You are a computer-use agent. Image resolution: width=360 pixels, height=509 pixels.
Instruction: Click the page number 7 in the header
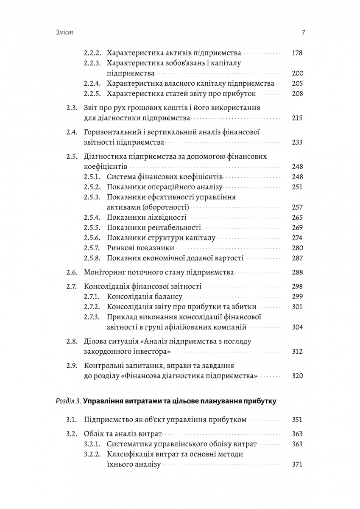[303, 33]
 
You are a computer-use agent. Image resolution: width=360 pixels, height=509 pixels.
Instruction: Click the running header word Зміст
[64, 33]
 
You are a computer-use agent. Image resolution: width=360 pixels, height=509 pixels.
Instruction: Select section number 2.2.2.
[92, 53]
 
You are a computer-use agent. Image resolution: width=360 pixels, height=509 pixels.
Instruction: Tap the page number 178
[297, 53]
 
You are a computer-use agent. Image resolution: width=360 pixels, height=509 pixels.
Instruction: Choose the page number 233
[297, 142]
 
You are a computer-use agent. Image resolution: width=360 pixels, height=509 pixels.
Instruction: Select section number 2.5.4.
[92, 218]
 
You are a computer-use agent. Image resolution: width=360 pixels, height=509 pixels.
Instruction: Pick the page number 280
[297, 248]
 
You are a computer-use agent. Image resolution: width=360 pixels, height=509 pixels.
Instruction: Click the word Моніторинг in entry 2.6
[104, 272]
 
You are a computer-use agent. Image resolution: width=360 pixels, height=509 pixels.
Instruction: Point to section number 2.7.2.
[92, 307]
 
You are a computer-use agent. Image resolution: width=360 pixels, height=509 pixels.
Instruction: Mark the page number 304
[297, 327]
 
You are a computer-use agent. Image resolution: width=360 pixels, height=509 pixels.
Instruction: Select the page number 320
[297, 375]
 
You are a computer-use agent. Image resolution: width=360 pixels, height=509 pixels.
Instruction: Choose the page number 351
[297, 420]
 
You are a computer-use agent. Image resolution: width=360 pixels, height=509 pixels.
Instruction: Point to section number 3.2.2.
[92, 454]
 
